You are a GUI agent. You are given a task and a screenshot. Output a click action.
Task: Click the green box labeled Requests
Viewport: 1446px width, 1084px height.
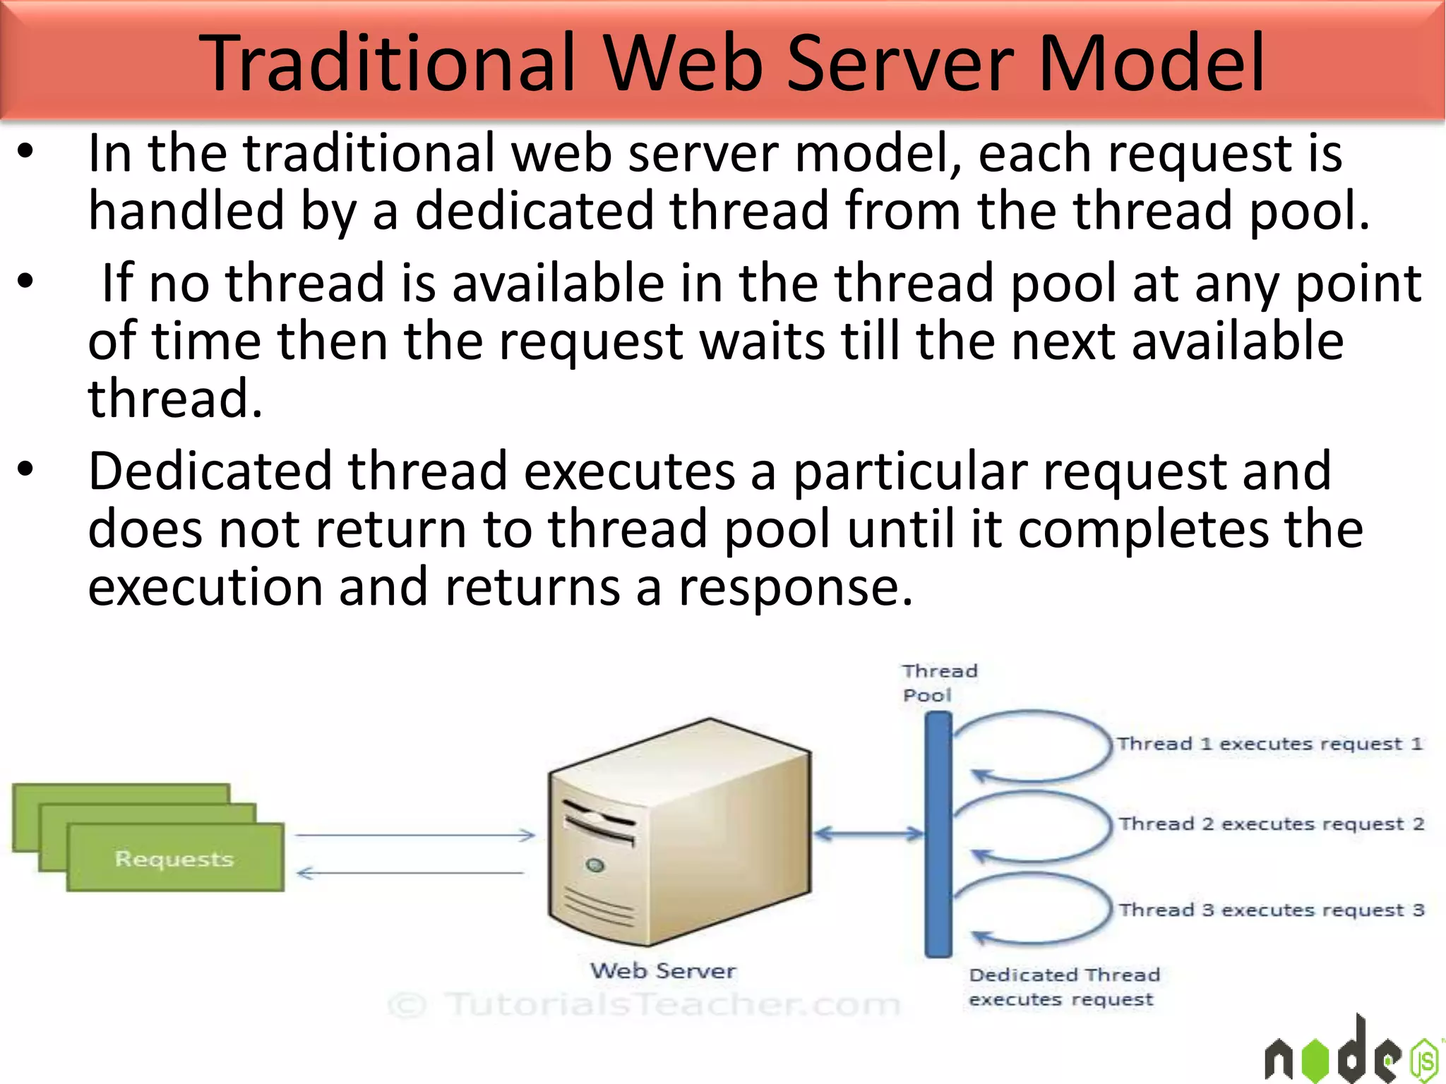tap(175, 858)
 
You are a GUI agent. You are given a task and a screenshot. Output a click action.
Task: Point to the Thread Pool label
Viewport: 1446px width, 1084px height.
tap(939, 682)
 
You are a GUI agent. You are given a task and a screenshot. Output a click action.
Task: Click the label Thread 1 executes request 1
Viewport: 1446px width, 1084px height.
tap(1269, 744)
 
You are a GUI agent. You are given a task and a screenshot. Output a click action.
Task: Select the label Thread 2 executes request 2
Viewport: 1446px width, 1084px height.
tap(1271, 824)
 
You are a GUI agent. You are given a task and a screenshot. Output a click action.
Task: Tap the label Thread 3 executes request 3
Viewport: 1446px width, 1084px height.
tap(1271, 910)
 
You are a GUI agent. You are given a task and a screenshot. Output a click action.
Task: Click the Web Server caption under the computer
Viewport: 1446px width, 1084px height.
tap(663, 971)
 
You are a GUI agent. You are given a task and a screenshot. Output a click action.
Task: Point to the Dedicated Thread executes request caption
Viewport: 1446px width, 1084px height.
tap(1063, 987)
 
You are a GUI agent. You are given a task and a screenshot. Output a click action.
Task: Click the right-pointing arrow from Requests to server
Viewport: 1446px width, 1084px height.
tap(415, 836)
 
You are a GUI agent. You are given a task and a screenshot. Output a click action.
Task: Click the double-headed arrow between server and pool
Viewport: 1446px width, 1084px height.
tap(868, 834)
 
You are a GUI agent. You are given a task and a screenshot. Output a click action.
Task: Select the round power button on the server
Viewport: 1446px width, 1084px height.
tap(595, 865)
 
